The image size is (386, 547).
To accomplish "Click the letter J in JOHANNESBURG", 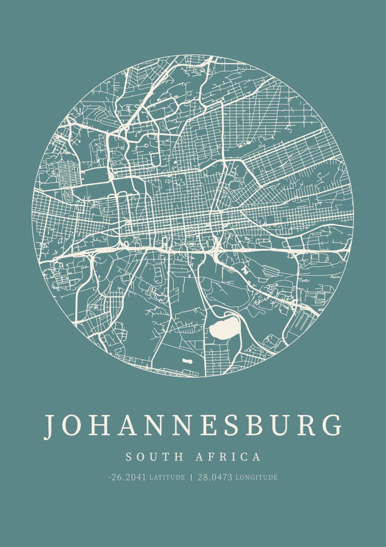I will pyautogui.click(x=49, y=426).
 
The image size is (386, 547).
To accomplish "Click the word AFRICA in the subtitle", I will pyautogui.click(x=228, y=457).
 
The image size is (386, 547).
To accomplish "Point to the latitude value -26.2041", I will pyautogui.click(x=127, y=477).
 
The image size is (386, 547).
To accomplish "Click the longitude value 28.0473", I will pyautogui.click(x=215, y=477).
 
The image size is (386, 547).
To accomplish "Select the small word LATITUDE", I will pyautogui.click(x=167, y=478).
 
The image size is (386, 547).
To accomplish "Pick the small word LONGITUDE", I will pyautogui.click(x=256, y=478).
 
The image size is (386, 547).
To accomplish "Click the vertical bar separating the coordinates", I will pyautogui.click(x=191, y=477).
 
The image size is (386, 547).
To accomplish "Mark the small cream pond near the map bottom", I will pyautogui.click(x=187, y=361).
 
